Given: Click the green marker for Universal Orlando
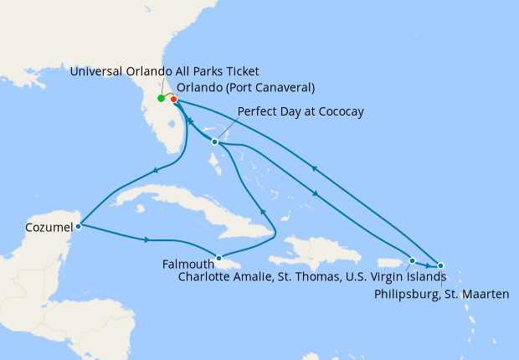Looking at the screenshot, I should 161,99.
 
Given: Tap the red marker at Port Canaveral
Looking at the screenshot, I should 173,100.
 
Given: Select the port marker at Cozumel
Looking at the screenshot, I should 78,226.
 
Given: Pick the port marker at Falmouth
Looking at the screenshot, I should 219,258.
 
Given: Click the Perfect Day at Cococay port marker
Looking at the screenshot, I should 215,141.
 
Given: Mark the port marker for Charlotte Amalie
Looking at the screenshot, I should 412,260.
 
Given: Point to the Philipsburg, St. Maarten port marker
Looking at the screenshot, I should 441,265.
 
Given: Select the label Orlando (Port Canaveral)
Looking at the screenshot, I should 245,87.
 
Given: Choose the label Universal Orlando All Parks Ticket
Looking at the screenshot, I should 164,70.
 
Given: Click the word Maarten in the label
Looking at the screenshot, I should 486,294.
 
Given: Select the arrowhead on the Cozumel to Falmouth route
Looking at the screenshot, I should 147,240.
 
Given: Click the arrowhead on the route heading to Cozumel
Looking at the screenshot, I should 155,172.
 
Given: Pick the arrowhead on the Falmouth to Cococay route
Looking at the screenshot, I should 264,212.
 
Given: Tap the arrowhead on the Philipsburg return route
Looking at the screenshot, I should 314,168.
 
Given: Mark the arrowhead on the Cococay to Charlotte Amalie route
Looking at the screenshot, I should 315,194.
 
